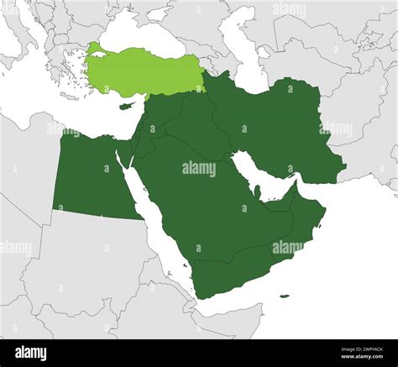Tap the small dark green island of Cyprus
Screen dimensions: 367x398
(128, 106)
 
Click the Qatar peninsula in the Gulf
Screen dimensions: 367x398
(260, 191)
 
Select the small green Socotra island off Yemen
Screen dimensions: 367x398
(285, 296)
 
